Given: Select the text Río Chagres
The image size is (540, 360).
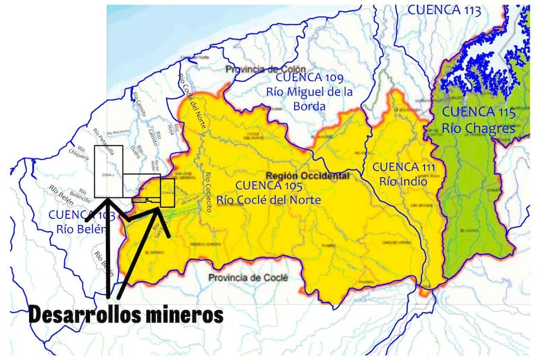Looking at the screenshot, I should tap(478, 128).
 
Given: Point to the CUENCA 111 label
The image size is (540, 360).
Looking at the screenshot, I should tap(405, 167).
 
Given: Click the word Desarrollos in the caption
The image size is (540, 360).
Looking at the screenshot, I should tap(87, 314).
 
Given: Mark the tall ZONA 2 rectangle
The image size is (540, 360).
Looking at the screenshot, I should tap(108, 170).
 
